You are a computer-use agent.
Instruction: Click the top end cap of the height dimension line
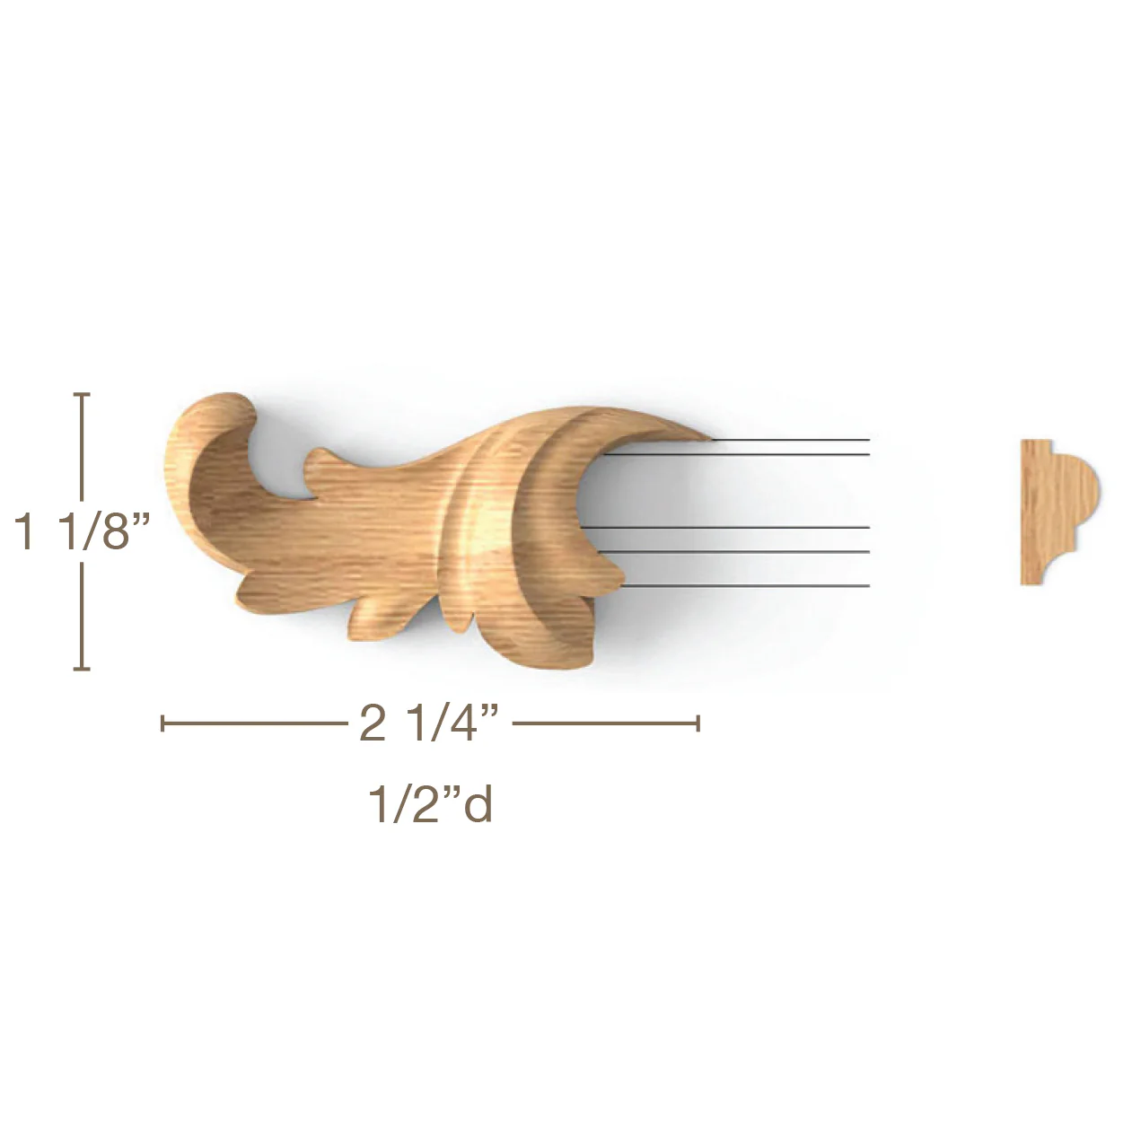tap(82, 394)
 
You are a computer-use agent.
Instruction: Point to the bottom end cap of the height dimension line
tap(82, 670)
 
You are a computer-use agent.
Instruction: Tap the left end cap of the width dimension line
tap(162, 723)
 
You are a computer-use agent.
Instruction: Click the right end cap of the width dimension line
tap(698, 723)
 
